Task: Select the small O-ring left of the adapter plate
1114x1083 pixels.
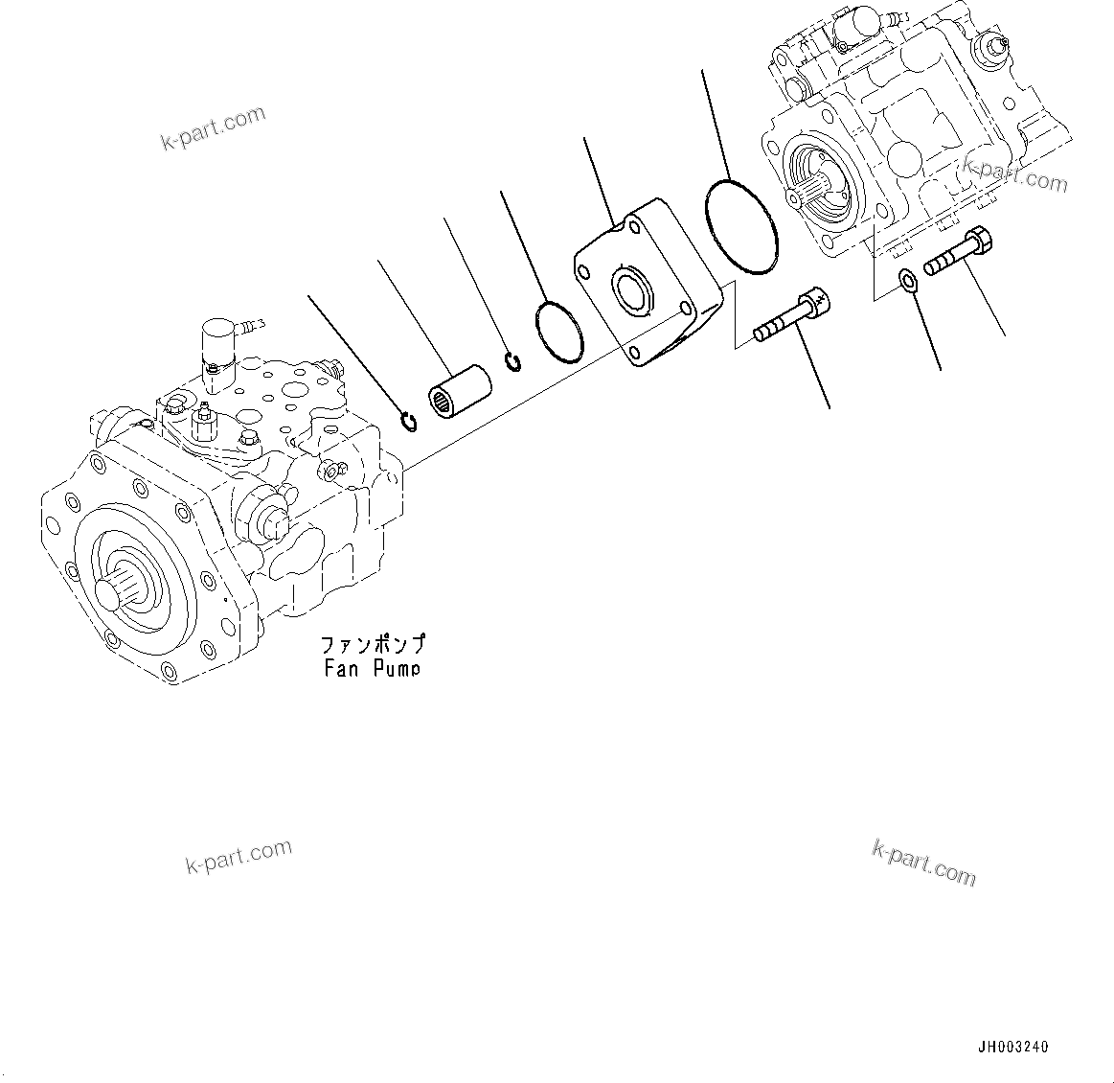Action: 558,332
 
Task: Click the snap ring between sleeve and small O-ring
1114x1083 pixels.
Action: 513,363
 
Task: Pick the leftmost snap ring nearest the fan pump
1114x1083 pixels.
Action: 409,421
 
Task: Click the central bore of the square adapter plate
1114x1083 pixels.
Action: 633,290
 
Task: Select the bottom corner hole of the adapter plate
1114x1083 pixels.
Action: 635,355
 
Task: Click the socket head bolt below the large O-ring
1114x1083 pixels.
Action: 793,319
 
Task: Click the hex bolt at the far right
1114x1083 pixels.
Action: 958,250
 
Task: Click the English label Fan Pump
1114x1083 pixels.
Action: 372,668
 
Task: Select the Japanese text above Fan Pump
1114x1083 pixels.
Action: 372,644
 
